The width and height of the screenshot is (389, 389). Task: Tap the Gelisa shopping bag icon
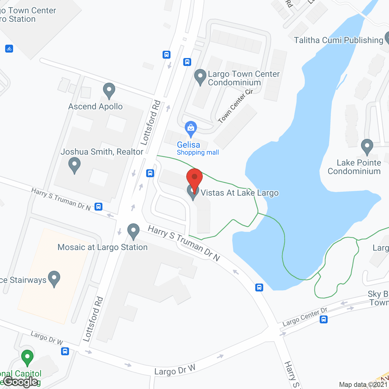point(191,128)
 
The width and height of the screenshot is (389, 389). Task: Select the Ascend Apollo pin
point(109,90)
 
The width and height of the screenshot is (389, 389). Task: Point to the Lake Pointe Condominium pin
point(367,146)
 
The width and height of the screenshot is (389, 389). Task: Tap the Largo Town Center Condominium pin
point(200,77)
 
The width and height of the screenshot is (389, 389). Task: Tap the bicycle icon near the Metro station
point(9,48)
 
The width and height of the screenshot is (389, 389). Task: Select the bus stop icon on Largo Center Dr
point(324,319)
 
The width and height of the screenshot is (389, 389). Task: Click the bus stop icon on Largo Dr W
point(65,351)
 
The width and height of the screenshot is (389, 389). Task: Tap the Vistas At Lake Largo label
point(239,193)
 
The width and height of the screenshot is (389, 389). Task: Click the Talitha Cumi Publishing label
point(339,40)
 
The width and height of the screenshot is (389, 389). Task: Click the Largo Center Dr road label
point(305,317)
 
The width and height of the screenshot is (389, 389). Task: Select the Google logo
point(21,382)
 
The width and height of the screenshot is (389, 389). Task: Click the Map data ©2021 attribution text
point(363,384)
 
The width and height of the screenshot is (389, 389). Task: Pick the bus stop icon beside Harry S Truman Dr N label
point(98,207)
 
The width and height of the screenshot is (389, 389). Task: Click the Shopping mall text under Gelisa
point(198,153)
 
